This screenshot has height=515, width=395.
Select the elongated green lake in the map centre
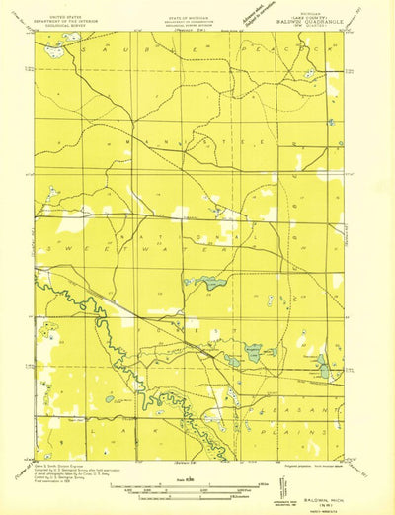208,283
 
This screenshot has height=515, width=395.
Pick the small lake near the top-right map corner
310,72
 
